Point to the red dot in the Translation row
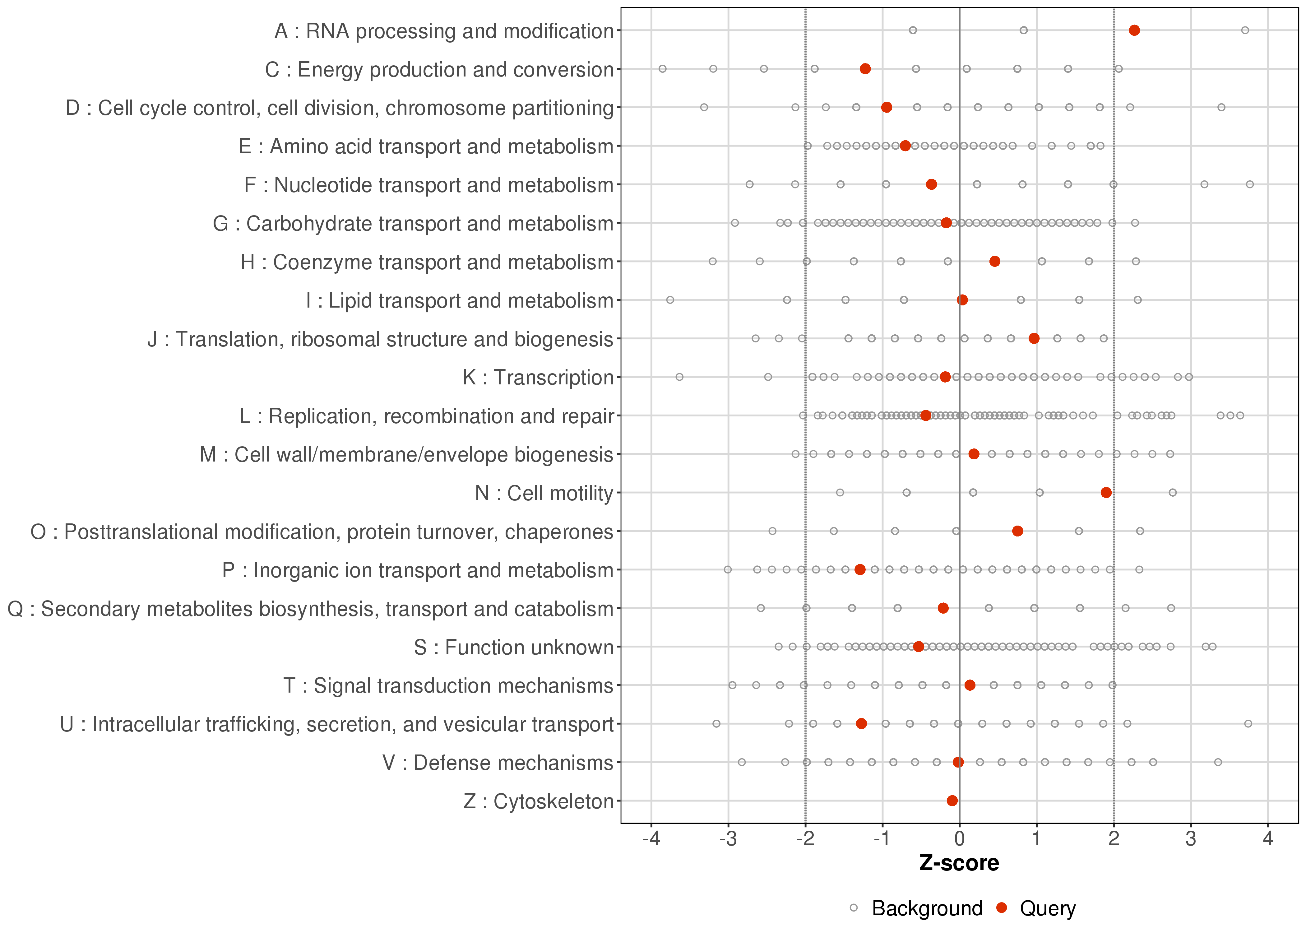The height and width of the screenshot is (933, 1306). (1034, 338)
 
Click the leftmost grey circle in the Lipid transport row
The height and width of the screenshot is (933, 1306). (670, 300)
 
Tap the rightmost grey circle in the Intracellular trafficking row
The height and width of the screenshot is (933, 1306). (1248, 723)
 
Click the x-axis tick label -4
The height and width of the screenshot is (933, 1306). (651, 839)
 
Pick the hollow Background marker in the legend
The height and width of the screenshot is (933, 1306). (854, 908)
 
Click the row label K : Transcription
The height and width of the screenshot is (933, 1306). (538, 378)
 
